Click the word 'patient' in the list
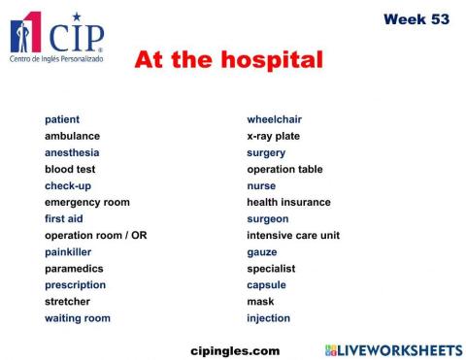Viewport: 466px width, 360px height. tap(62, 119)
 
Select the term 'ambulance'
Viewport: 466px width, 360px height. tap(72, 136)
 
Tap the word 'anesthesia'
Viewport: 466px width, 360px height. tap(72, 152)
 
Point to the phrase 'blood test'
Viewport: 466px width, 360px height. tap(70, 169)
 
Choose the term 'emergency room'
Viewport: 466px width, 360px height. tap(86, 202)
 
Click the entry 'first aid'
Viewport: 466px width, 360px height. tap(64, 218)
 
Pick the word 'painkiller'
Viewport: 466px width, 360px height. tap(68, 251)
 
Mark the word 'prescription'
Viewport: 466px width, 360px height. tap(75, 284)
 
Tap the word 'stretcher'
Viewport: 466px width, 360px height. tap(67, 301)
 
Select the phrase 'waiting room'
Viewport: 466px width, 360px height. tap(78, 317)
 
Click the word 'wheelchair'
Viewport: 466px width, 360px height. tap(274, 119)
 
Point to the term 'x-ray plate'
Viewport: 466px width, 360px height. tap(273, 136)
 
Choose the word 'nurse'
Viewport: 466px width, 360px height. tap(261, 185)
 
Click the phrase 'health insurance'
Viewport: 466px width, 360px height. tap(288, 202)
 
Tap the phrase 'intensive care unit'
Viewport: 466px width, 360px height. tap(293, 235)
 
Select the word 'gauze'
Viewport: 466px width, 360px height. tap(262, 251)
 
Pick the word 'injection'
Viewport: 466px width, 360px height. tap(268, 317)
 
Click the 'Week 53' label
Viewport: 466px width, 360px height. tap(416, 19)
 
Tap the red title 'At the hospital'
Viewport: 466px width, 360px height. tap(228, 60)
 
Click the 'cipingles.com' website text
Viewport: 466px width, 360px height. tap(234, 349)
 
